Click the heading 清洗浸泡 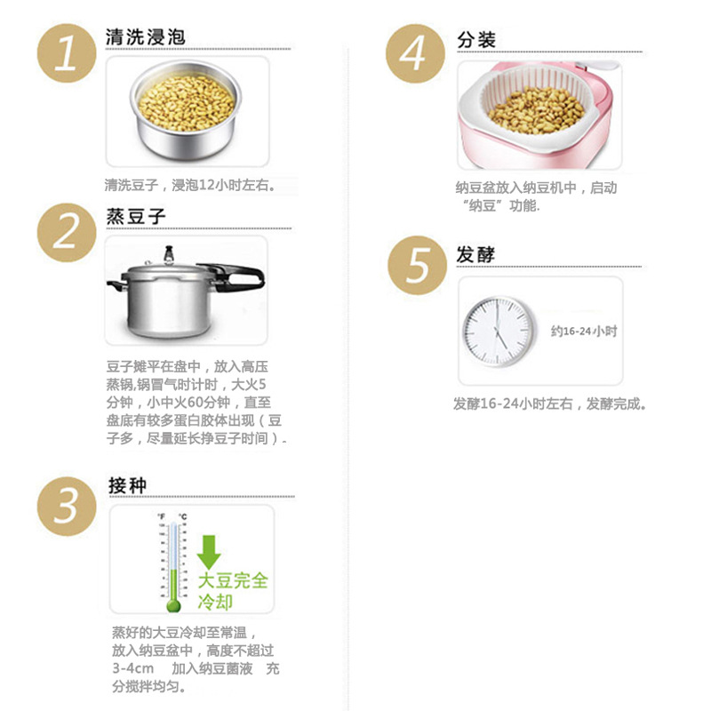coord(145,38)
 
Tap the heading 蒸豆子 coord(136,216)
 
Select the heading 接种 coord(127,484)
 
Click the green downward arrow coord(209,551)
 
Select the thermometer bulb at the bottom coord(173,604)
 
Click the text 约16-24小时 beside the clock coord(583,331)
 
